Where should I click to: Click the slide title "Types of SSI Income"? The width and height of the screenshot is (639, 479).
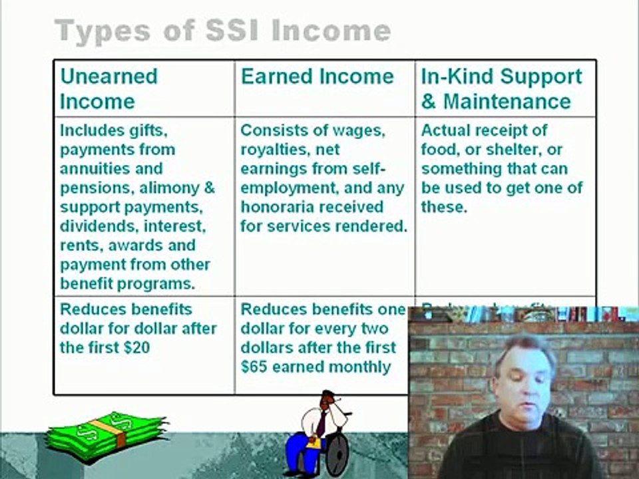[x=222, y=31]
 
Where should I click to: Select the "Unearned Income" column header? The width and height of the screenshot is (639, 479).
[x=108, y=88]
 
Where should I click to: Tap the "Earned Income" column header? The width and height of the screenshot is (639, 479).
[x=317, y=77]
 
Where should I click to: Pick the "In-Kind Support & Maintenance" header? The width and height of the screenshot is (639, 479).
[x=501, y=88]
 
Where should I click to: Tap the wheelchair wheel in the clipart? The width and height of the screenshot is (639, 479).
[x=337, y=452]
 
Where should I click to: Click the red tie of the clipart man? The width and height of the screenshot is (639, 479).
[x=322, y=423]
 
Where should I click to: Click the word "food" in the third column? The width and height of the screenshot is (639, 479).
[x=439, y=150]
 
